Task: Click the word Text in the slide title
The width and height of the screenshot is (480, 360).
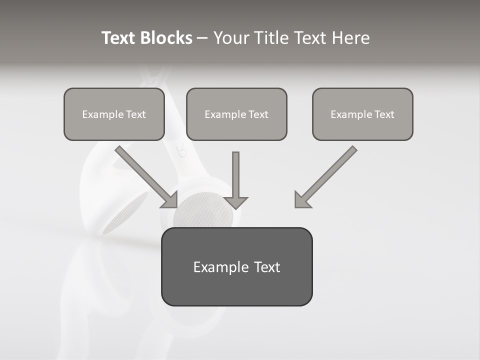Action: (x=118, y=38)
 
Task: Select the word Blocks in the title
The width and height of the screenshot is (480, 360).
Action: (x=165, y=38)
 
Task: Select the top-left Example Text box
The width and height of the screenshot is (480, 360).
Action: (x=114, y=114)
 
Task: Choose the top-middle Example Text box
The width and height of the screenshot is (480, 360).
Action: (x=236, y=114)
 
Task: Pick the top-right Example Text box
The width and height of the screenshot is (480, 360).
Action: (x=362, y=114)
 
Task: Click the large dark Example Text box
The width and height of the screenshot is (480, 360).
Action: (x=236, y=266)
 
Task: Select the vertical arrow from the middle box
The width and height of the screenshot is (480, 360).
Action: (x=235, y=175)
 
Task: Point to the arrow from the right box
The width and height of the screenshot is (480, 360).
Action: (x=330, y=172)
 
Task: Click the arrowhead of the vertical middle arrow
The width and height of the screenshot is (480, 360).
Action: (x=235, y=202)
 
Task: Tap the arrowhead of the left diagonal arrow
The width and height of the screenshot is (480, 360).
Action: (x=170, y=200)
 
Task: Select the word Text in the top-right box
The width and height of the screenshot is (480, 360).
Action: (x=384, y=114)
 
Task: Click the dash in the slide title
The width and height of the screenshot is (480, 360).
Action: (x=202, y=38)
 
